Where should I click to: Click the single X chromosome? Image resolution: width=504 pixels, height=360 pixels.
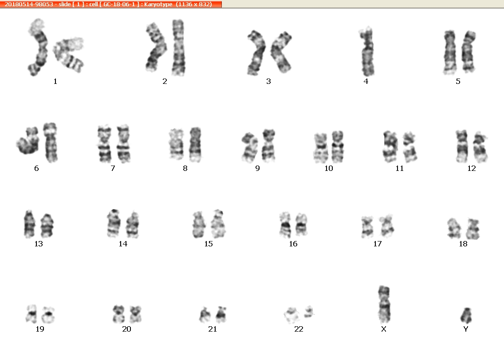pos(384,304)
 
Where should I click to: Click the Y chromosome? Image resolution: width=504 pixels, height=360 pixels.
pos(466,315)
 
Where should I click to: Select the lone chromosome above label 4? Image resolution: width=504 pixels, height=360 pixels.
pos(367,51)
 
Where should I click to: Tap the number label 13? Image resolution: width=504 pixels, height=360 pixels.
pos(39,244)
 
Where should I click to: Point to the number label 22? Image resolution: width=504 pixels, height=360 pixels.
pos(299,329)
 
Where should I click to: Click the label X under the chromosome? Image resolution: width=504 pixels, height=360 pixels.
pos(383,329)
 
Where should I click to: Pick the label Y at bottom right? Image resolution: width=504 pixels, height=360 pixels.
pos(466,329)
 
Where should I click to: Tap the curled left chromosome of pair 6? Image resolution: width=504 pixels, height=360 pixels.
pos(28,141)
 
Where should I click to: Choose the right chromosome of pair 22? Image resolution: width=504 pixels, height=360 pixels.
pos(309,312)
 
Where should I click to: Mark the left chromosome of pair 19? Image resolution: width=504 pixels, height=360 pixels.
pos(31,314)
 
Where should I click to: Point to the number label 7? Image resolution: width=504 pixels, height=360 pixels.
pos(113,168)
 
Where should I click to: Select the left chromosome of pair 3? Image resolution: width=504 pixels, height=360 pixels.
pos(256,53)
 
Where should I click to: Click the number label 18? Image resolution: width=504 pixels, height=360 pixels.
pos(463,244)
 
